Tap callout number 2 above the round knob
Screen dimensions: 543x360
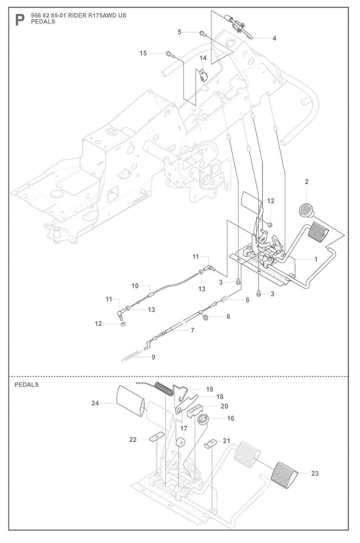click(x=307, y=182)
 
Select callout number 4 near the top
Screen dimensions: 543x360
click(x=274, y=38)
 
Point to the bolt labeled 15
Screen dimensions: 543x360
click(x=168, y=54)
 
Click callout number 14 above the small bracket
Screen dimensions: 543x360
click(x=203, y=58)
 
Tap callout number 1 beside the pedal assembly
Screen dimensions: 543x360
click(x=315, y=260)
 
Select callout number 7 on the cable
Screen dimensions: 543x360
click(x=192, y=331)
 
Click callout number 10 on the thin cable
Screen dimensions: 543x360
click(x=135, y=286)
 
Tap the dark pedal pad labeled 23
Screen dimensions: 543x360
click(x=285, y=473)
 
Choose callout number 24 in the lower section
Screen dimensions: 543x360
click(x=95, y=403)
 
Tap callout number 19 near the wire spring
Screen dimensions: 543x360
click(x=210, y=389)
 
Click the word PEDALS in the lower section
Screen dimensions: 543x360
click(x=27, y=385)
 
